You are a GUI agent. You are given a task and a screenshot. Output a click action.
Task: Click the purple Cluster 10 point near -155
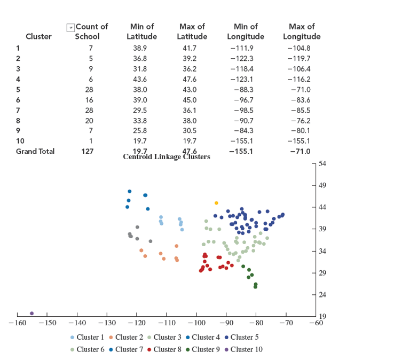[32, 313]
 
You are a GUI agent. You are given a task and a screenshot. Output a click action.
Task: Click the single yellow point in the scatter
[216, 203]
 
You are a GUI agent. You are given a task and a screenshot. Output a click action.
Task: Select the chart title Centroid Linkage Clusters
[166, 157]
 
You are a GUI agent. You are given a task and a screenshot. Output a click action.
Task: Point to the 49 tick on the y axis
[322, 185]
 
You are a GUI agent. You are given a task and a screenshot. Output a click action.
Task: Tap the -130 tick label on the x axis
[107, 323]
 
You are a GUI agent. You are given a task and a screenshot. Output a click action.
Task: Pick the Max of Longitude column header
[302, 31]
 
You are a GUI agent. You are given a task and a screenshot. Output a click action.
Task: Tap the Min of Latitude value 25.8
[141, 131]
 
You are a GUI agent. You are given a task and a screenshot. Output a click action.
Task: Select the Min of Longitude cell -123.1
[245, 79]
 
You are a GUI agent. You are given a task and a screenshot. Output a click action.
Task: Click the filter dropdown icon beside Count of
[69, 27]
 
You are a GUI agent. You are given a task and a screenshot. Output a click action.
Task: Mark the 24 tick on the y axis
[322, 294]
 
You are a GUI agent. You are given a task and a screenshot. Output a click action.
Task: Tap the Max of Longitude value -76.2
[302, 121]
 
